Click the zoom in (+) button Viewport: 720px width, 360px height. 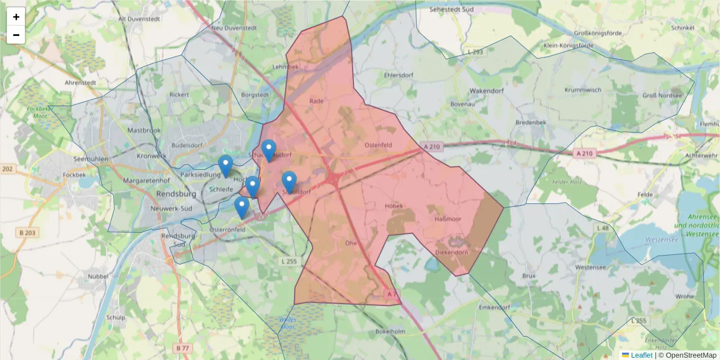point(16,17)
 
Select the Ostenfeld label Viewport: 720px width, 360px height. point(379,145)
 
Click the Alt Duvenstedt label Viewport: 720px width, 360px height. point(140,19)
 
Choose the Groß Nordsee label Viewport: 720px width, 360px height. point(662,95)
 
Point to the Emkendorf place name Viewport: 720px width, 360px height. point(495,307)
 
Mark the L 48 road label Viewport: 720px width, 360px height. point(603,228)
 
